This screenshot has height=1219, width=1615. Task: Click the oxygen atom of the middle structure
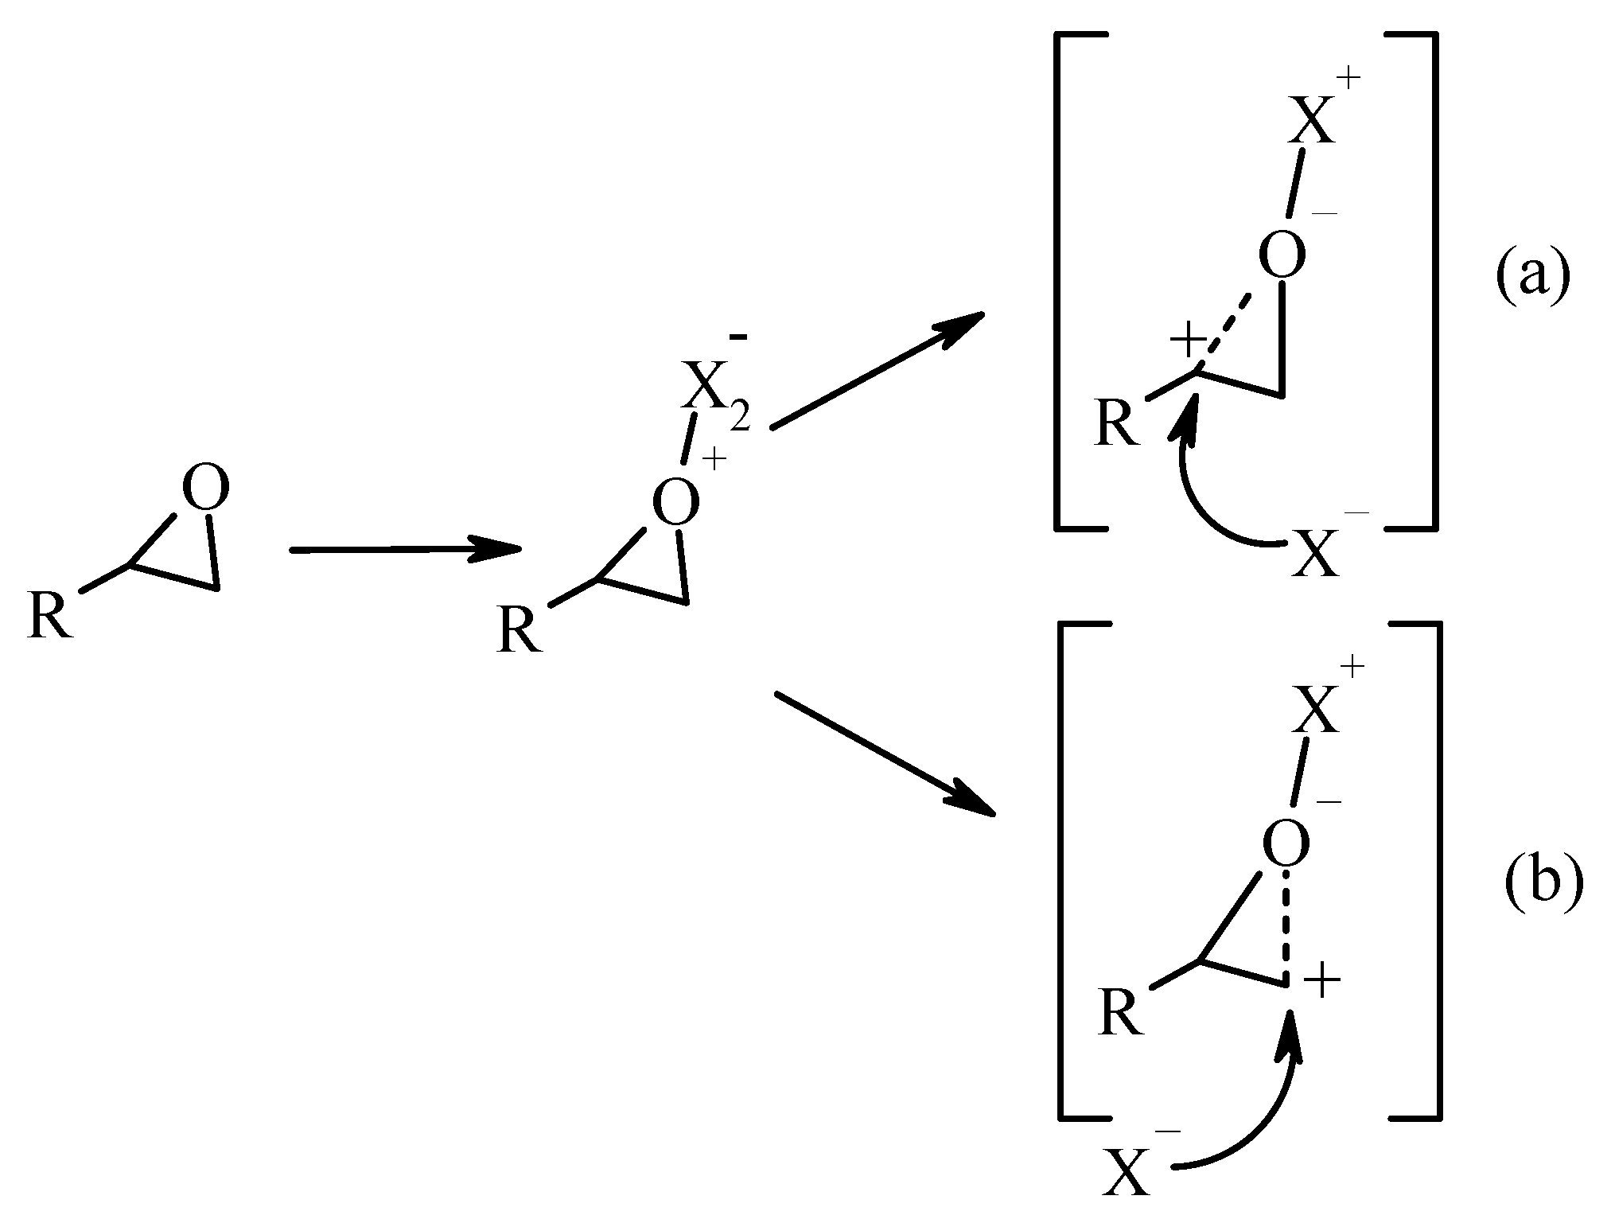pyautogui.click(x=675, y=503)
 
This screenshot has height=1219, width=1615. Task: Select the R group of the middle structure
pyautogui.click(x=518, y=629)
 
